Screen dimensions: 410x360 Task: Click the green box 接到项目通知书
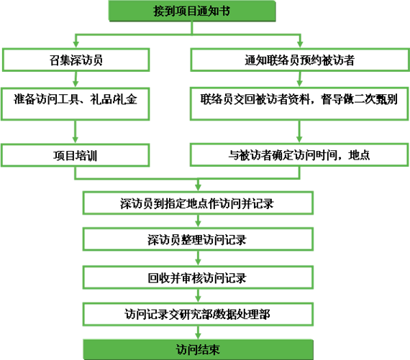(x=192, y=11)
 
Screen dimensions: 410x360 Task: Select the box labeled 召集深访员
(x=76, y=60)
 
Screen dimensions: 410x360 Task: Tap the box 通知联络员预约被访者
(x=300, y=60)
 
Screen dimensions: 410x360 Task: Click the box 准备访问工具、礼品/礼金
(x=76, y=104)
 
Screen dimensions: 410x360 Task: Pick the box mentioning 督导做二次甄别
(x=299, y=104)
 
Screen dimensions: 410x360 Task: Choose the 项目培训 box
(x=76, y=155)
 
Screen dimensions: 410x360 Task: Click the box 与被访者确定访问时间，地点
(x=299, y=155)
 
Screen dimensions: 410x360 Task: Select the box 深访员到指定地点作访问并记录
(x=198, y=203)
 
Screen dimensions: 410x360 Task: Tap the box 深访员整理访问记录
(x=198, y=239)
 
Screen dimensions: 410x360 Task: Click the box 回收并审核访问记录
(x=198, y=277)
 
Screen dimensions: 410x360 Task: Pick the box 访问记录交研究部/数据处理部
(x=198, y=314)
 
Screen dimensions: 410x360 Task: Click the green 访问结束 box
(x=199, y=349)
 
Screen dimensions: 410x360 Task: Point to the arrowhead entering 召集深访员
(x=76, y=45)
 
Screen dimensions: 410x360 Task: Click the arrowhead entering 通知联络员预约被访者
(x=300, y=45)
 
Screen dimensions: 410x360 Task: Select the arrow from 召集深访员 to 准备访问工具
(x=76, y=80)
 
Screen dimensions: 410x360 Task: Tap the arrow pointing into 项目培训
(x=76, y=132)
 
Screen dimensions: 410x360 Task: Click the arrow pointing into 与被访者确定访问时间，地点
(x=299, y=131)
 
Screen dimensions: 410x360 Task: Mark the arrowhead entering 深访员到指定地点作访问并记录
(x=199, y=188)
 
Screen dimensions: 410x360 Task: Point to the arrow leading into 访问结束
(x=199, y=333)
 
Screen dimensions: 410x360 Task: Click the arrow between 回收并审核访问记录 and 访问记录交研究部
(x=199, y=296)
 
